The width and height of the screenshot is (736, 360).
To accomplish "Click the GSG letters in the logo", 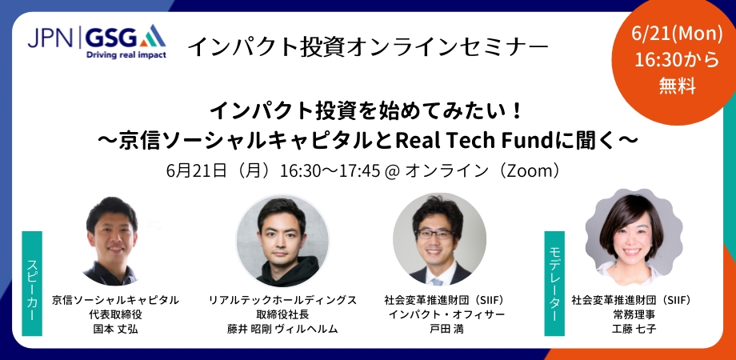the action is pos(110,37).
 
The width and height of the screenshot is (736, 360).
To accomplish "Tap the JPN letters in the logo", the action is pos(50,37).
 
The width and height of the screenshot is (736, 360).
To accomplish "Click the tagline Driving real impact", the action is pos(126,54).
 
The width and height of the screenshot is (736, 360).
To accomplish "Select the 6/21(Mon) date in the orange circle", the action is pos(677,34).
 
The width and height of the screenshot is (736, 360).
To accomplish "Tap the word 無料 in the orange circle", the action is pos(677,86).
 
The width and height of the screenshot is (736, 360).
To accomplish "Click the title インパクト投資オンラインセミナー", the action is pos(367,46).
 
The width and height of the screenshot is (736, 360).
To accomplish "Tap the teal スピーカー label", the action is pos(32,283).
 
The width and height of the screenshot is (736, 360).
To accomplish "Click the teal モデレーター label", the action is pos(554,283).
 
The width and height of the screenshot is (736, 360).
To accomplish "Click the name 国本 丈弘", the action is pos(115,329).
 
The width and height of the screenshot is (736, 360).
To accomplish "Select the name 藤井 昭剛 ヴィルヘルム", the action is pos(282,329).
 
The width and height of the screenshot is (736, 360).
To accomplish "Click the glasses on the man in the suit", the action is pos(435,234).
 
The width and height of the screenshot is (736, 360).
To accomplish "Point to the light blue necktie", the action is pos(437,281).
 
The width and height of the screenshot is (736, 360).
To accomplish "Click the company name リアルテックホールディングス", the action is pos(282,300).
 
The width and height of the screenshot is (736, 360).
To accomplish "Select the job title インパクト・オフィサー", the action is pos(444,314).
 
